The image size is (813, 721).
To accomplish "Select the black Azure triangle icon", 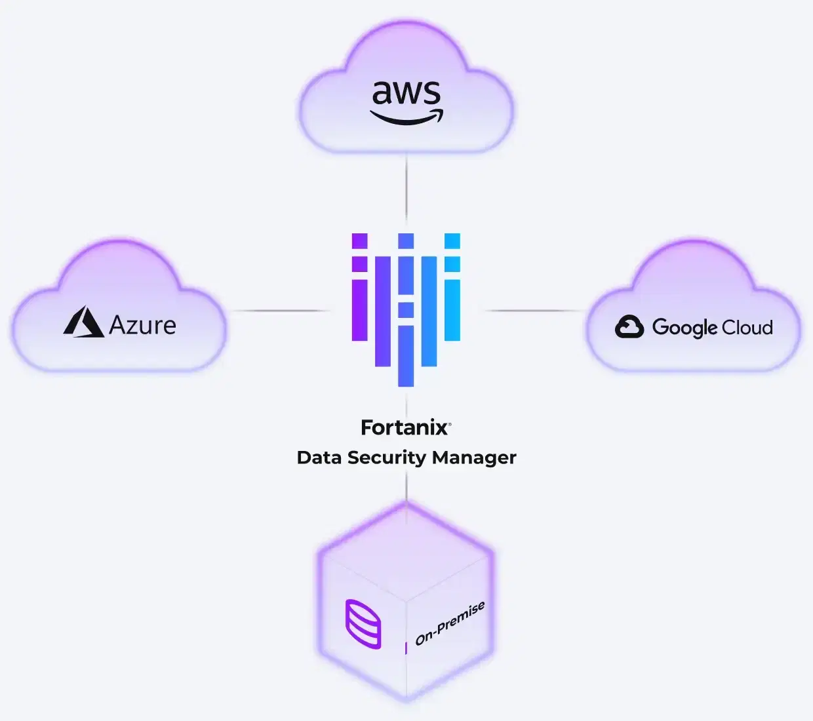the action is (83, 322).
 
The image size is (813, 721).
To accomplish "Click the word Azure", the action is (142, 325).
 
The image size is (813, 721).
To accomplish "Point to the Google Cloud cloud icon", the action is (629, 326).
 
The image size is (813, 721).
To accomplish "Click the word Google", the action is (684, 328).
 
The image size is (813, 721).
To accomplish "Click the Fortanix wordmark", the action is (404, 428).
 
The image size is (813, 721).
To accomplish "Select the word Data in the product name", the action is (319, 458).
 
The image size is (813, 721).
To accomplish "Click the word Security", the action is (387, 458).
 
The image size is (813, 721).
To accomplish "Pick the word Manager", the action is (474, 458).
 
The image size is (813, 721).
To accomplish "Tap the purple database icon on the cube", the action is (363, 624).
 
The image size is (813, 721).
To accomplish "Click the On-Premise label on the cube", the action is (449, 623).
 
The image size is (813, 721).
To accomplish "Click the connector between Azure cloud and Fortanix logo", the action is (281, 311).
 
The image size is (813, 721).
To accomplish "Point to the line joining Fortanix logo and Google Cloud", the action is (534, 311).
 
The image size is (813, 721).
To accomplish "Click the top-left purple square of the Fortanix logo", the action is (359, 241).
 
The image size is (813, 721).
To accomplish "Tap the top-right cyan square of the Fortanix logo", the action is (452, 241).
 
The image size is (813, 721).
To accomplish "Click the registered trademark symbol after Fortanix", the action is (450, 423).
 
